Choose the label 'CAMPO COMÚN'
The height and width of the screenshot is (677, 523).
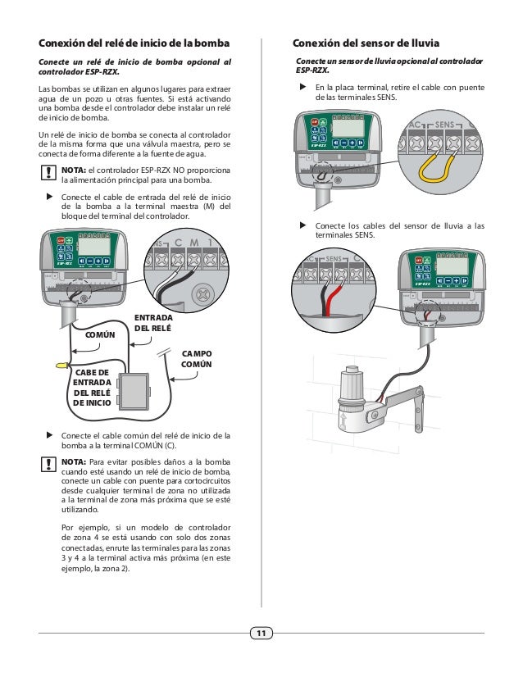click(196, 359)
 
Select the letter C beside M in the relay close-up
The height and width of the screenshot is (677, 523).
click(178, 243)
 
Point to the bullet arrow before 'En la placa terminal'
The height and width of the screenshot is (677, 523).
click(302, 86)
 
